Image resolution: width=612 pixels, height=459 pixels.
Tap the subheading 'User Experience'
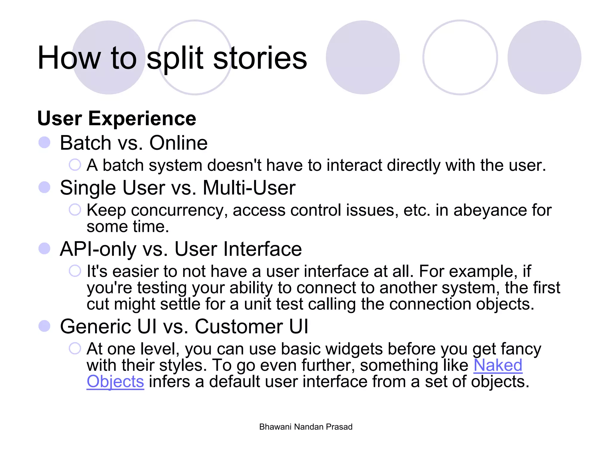click(x=117, y=118)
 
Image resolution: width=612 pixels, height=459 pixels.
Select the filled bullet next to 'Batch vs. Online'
click(x=45, y=143)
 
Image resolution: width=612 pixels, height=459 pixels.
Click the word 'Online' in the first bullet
click(x=178, y=143)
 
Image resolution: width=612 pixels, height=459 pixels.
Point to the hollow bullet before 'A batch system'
click(x=75, y=165)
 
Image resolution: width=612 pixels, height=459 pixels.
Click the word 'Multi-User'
click(x=249, y=188)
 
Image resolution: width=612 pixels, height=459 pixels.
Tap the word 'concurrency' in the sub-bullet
click(x=177, y=210)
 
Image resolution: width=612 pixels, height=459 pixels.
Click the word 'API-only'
click(x=98, y=249)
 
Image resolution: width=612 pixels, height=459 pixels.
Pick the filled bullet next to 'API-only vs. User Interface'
click(x=45, y=249)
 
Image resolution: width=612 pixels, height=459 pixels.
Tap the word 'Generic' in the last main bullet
click(x=95, y=326)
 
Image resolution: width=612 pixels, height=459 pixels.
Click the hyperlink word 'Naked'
click(x=498, y=365)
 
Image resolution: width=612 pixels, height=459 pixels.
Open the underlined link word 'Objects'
click(x=115, y=382)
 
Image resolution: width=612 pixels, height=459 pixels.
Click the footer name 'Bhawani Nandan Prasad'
click(x=306, y=427)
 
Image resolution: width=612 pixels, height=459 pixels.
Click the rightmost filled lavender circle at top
click(x=544, y=57)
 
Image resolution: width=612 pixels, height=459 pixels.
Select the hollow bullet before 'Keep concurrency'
click(x=75, y=209)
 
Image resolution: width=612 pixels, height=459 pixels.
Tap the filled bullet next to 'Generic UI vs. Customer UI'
click(x=45, y=326)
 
